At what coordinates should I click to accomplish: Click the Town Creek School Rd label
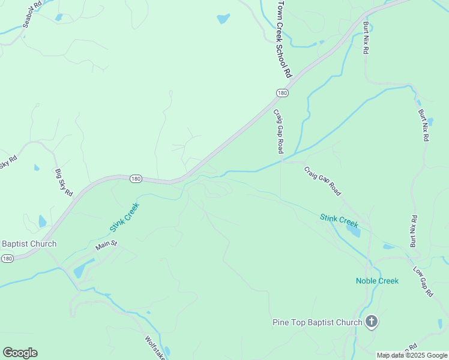click(x=283, y=40)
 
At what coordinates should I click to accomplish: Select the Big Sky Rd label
click(x=64, y=183)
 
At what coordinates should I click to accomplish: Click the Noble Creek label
click(x=377, y=281)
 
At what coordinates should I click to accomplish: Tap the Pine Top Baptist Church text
click(x=317, y=322)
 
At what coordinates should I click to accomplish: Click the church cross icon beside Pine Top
click(x=372, y=322)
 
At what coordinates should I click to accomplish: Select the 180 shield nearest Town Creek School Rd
click(x=282, y=93)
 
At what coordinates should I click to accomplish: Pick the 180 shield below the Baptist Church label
click(x=7, y=259)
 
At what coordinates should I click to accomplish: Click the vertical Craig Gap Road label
click(x=279, y=131)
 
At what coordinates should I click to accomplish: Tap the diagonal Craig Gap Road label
click(x=322, y=181)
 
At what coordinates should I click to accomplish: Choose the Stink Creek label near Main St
click(x=124, y=217)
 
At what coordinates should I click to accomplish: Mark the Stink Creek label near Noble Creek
click(x=339, y=220)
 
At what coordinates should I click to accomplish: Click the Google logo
click(x=20, y=353)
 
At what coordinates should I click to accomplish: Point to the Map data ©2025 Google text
click(x=412, y=355)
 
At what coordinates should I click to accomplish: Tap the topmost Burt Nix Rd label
click(x=366, y=38)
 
